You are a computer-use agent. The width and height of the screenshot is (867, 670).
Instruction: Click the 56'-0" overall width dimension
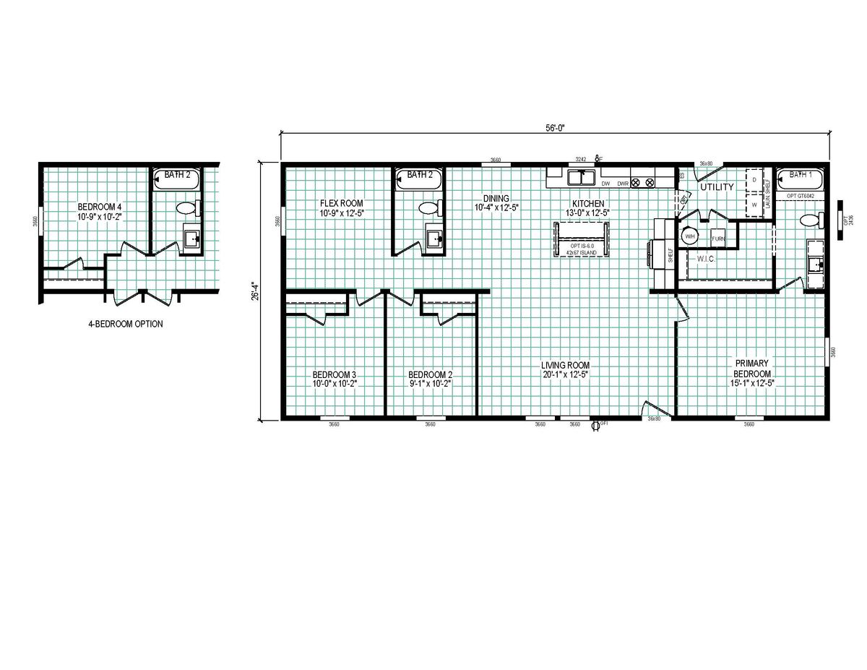(x=554, y=128)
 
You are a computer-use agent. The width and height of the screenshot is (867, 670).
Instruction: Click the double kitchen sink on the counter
(x=581, y=177)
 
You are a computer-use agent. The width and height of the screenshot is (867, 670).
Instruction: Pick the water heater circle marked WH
(x=689, y=236)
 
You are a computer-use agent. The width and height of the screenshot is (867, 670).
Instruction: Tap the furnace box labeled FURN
(x=718, y=238)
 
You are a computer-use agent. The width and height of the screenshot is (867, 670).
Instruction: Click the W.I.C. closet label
(x=706, y=258)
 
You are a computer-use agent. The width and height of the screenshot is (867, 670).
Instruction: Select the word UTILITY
(x=716, y=187)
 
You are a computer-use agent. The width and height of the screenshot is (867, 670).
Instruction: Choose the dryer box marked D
(x=754, y=179)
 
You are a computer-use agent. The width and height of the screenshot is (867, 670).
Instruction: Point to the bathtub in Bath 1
(x=801, y=179)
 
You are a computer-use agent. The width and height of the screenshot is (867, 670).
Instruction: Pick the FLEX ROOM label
(x=342, y=203)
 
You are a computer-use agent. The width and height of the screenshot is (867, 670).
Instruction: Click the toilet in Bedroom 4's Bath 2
(x=186, y=209)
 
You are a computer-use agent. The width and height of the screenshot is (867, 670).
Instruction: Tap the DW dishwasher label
(x=606, y=184)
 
